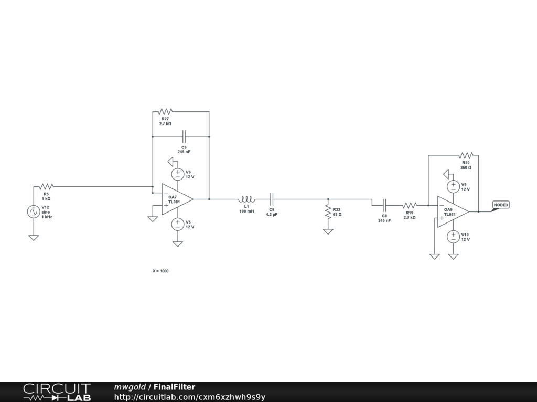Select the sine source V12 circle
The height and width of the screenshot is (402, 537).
[x=34, y=211]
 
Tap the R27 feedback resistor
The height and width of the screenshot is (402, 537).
[x=165, y=111]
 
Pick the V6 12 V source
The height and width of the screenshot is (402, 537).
[x=178, y=174]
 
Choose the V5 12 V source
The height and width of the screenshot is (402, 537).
[x=178, y=224]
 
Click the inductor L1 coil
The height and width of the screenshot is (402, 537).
[x=246, y=199]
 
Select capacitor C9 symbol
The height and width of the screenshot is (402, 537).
[x=272, y=199]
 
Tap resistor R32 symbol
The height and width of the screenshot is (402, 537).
[x=328, y=211]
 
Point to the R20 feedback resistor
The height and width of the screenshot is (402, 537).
[x=466, y=155]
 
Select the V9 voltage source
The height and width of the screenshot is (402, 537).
[x=454, y=186]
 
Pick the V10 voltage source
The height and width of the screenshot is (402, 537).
[x=454, y=237]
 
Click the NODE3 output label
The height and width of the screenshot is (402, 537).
[x=501, y=205]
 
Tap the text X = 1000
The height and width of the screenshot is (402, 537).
[x=160, y=271]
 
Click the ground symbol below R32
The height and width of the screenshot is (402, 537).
[x=328, y=231]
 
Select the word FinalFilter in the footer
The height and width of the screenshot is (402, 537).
[x=174, y=387]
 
